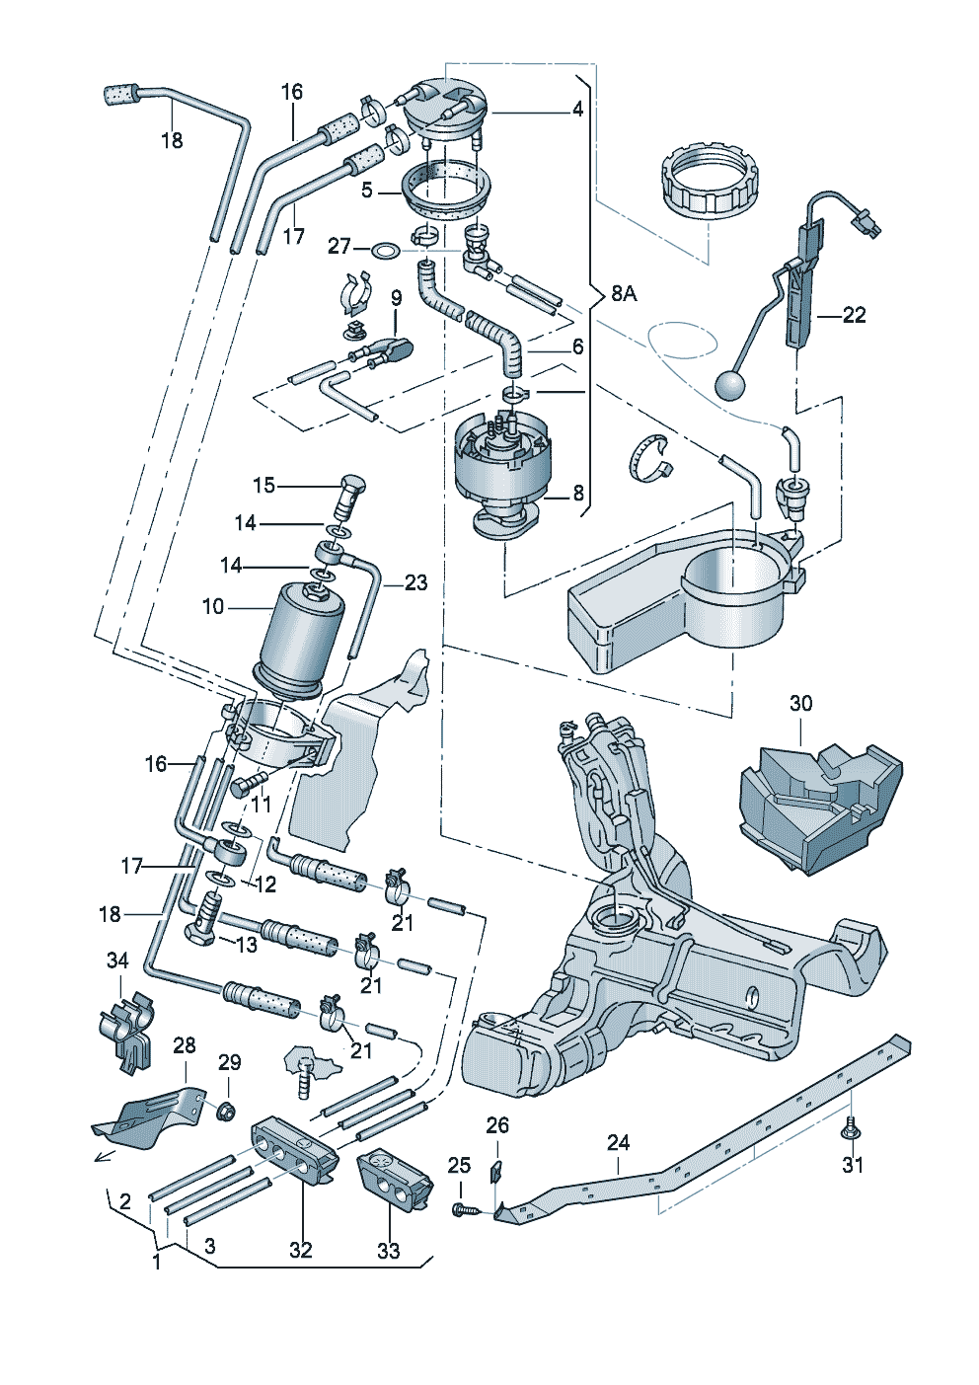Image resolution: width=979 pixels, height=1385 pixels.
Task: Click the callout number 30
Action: pos(801,703)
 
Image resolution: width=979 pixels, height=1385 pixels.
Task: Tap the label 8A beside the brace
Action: pos(624,294)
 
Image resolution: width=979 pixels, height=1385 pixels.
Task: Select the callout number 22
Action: pos(854,315)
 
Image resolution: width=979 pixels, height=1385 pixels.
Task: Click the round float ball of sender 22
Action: pos(731,386)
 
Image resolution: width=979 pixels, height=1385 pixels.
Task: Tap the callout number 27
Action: pos(339,247)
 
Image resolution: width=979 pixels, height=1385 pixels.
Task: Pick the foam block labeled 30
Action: pos(819,807)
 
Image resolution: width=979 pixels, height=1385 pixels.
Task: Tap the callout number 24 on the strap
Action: pos(618,1143)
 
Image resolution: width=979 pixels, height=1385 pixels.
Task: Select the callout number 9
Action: pos(396,298)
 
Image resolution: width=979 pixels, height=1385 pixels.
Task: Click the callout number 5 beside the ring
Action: pos(367,190)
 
